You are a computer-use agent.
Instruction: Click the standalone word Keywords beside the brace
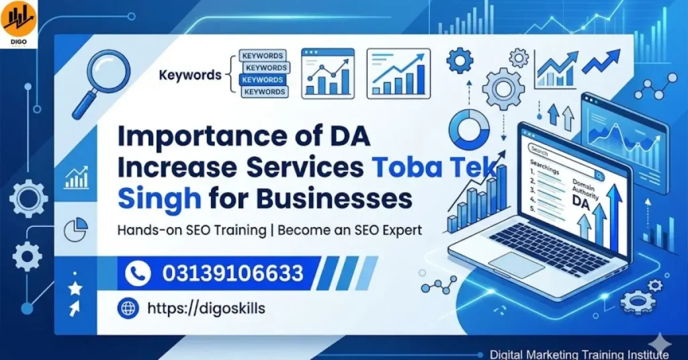[x=190, y=75]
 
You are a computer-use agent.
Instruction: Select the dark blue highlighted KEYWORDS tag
[x=262, y=80]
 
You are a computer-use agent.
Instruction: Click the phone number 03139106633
[x=232, y=273]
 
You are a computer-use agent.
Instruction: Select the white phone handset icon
[x=138, y=273]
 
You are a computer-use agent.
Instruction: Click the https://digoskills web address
[x=206, y=308]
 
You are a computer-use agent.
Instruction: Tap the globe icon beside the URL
[x=127, y=308]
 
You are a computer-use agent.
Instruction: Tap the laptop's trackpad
[x=516, y=265]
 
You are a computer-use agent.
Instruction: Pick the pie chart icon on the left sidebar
[x=75, y=230]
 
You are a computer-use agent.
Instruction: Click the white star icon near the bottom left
[x=75, y=288]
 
